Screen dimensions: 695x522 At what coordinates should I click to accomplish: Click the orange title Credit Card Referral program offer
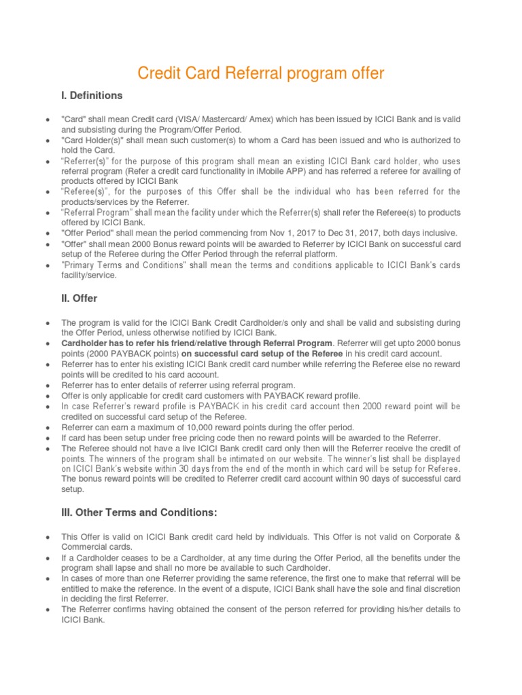(x=261, y=73)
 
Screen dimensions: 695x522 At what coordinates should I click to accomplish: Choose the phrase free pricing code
(x=184, y=438)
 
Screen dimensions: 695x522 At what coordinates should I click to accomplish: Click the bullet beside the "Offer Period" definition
(x=46, y=233)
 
